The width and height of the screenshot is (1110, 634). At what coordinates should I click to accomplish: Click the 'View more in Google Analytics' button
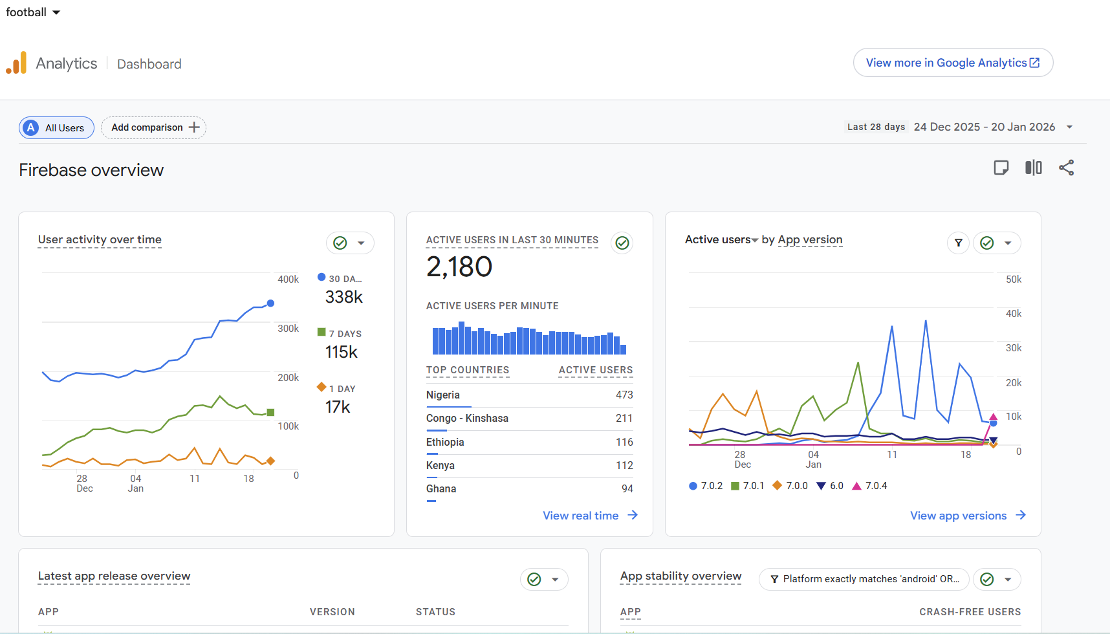point(953,63)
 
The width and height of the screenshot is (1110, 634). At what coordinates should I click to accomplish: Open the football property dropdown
point(33,12)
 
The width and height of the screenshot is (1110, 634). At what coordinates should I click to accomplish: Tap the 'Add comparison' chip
point(154,127)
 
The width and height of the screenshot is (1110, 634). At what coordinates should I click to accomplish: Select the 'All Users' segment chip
point(56,127)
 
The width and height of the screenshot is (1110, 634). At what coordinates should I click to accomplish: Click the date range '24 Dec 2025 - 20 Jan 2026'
point(985,127)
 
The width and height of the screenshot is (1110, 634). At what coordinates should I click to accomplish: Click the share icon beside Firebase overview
point(1066,168)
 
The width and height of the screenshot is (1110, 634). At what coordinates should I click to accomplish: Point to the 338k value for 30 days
point(344,297)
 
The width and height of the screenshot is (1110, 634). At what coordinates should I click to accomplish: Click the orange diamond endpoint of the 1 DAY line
point(271,461)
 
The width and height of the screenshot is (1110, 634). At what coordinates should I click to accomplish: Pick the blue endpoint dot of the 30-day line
point(270,303)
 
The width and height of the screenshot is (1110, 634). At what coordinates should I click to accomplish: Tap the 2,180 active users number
point(459,267)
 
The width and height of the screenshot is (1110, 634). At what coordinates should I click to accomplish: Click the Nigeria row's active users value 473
point(624,395)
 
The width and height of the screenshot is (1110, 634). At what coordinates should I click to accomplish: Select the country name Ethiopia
point(445,442)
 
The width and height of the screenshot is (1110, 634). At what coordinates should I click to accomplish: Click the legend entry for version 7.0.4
point(869,486)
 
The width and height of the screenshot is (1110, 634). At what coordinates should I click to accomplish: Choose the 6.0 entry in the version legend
point(830,486)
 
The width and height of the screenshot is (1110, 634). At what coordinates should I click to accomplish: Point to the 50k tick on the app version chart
point(1014,279)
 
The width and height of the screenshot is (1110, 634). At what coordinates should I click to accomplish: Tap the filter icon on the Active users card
point(959,243)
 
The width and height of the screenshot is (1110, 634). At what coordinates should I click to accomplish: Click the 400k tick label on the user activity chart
point(288,279)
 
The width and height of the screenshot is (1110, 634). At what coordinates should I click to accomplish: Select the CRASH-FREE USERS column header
point(970,612)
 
